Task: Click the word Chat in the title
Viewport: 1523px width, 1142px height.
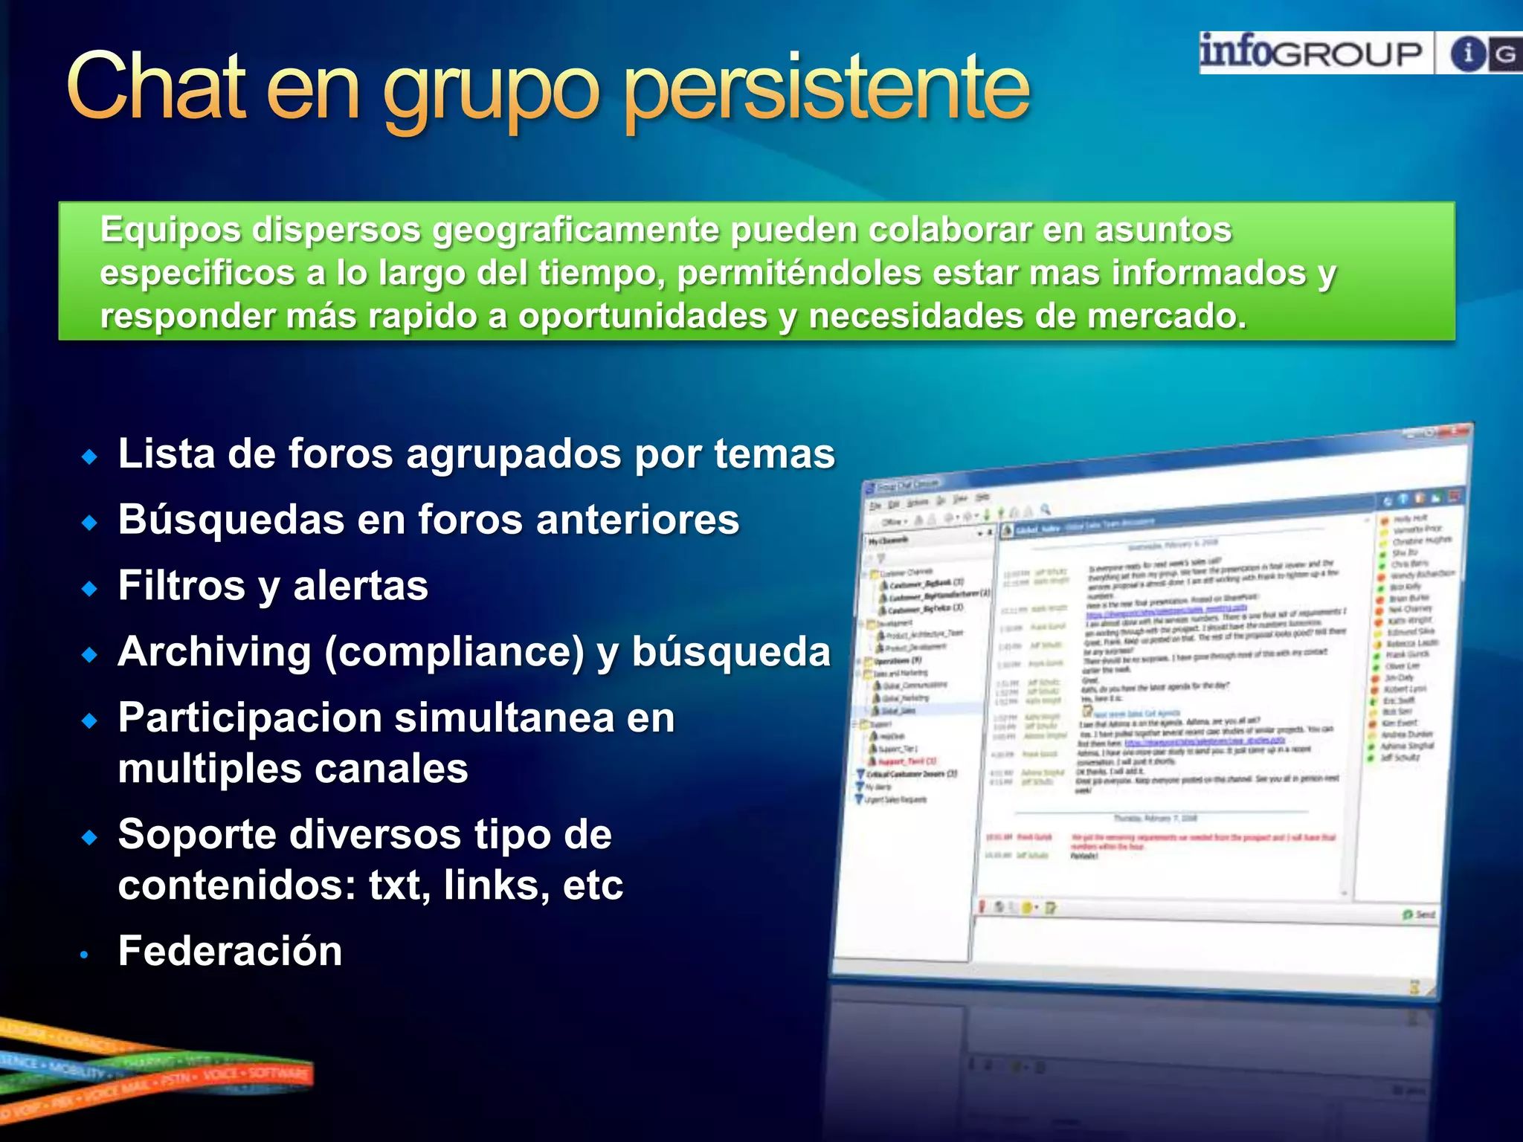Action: coord(156,87)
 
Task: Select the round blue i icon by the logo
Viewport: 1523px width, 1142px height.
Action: coord(1468,54)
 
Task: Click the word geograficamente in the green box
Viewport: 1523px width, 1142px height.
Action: coord(576,230)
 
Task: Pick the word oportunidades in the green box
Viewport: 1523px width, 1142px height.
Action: coord(643,316)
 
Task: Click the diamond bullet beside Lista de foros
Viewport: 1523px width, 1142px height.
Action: coord(90,457)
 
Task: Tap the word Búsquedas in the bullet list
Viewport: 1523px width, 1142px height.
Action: coord(231,520)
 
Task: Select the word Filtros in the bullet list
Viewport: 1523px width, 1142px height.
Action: coord(181,586)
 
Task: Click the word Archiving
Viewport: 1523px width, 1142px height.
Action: coord(214,652)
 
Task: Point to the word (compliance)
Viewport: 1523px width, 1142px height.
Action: coord(454,652)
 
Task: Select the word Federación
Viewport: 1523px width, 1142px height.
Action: coord(230,951)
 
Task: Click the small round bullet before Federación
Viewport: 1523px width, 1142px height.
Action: coord(86,954)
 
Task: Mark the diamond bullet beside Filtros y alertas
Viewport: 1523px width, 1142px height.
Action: coord(90,589)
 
